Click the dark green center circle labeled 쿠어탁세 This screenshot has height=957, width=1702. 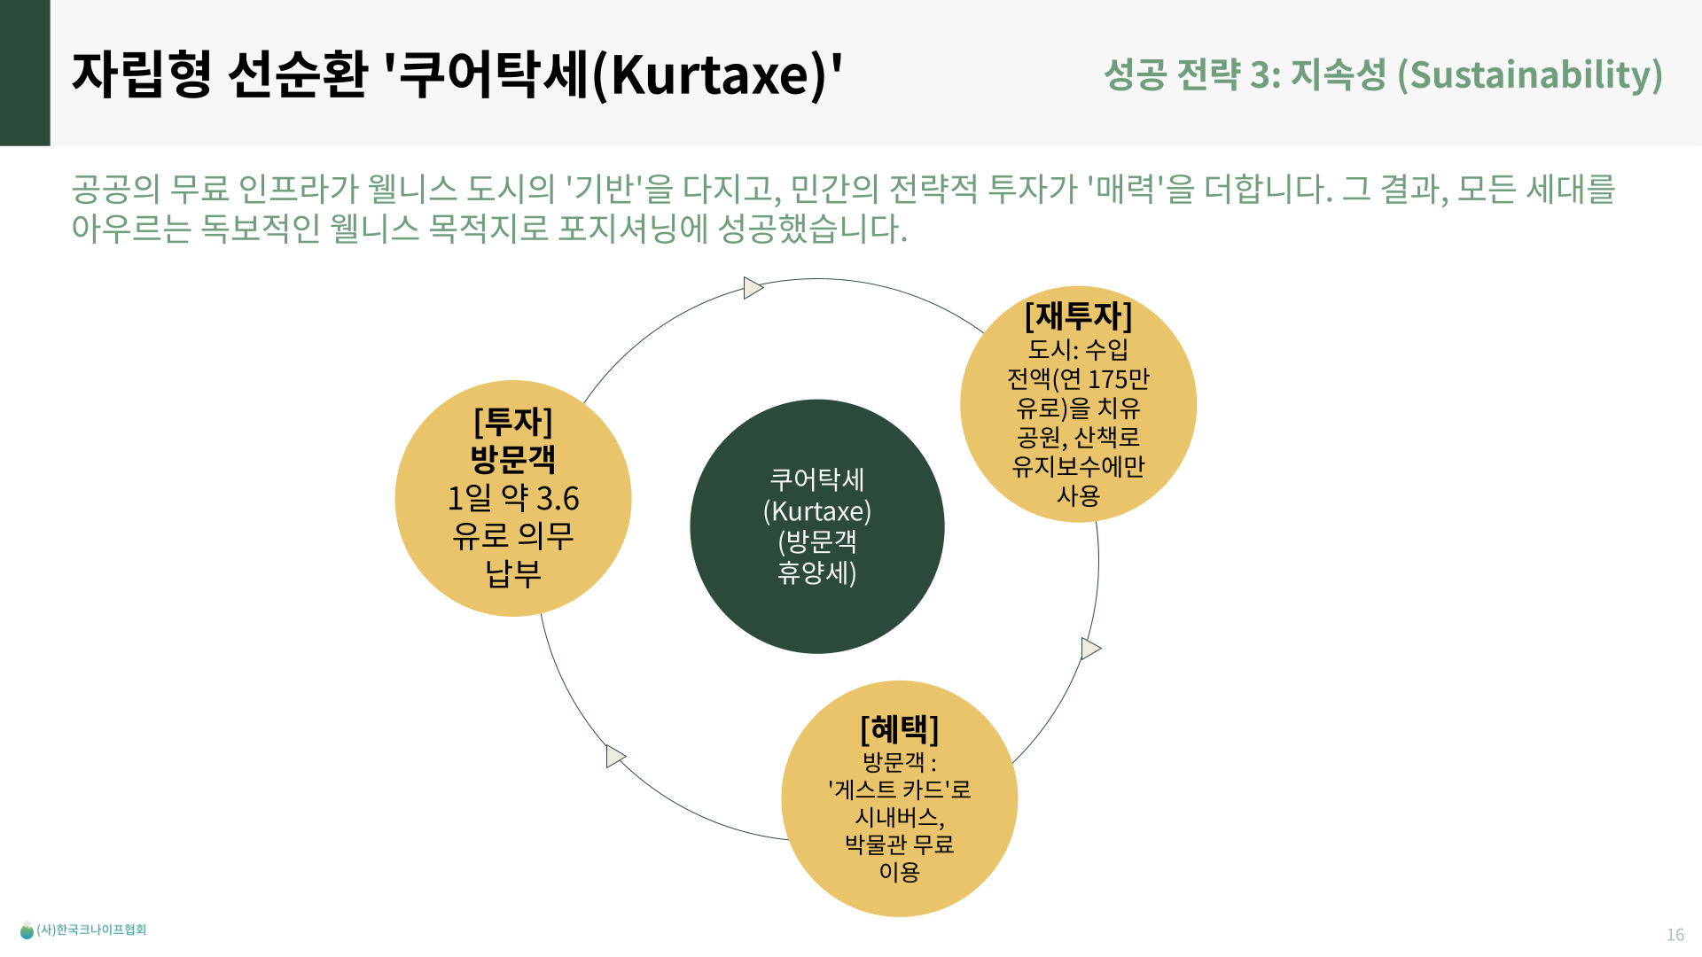click(816, 526)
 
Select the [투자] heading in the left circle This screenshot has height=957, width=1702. click(513, 422)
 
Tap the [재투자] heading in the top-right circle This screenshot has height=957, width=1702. click(1078, 315)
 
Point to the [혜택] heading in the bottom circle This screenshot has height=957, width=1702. click(899, 729)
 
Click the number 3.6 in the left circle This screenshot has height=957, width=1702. click(558, 499)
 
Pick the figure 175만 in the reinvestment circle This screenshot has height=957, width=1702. click(1118, 379)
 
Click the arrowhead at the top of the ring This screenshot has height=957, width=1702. click(753, 288)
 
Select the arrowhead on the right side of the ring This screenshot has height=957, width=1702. click(1090, 649)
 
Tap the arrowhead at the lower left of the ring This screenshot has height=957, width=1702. click(615, 756)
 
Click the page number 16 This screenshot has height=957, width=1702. click(1675, 934)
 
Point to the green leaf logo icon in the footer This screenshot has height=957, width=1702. click(27, 930)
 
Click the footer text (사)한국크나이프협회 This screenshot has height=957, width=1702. click(91, 930)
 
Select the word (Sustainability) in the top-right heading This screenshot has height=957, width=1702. click(1530, 74)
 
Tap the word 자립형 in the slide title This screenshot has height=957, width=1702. click(142, 74)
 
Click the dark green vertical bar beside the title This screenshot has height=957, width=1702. click(25, 73)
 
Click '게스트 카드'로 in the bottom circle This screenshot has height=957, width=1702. click(899, 789)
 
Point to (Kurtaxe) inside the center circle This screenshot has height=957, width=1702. click(816, 511)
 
